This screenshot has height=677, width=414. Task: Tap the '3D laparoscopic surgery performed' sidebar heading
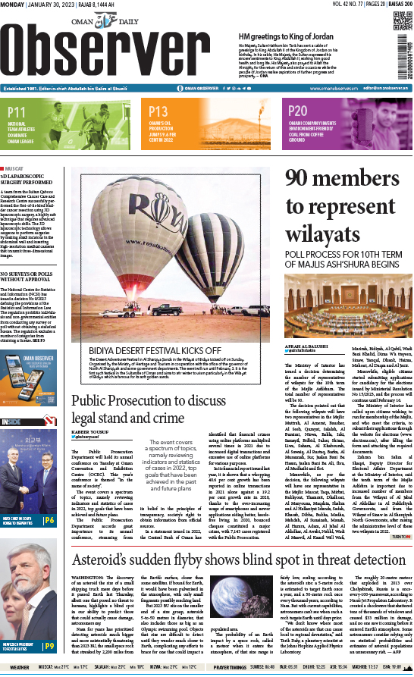coord(36,180)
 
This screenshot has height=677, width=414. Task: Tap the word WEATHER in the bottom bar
coord(17,669)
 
